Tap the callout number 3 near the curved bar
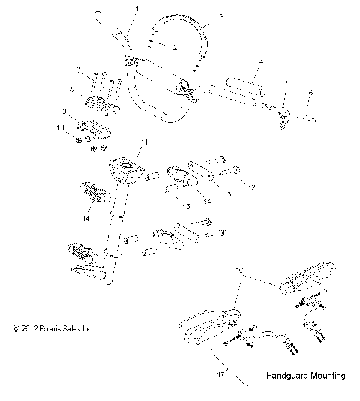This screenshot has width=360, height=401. pos(220,16)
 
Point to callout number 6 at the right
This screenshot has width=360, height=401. pos(311,92)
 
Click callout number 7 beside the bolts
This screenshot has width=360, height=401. pos(77,70)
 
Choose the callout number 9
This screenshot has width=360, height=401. pos(64,112)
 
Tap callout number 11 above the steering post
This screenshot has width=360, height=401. pos(144,142)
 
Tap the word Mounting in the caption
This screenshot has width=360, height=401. pos(326,376)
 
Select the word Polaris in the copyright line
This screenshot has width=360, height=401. pos(52,328)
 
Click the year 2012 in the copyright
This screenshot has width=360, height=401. pos(28,328)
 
